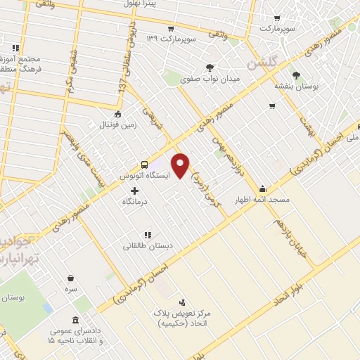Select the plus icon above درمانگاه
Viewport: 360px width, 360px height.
[134, 190]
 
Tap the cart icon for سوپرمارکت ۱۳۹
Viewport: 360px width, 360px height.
[169, 28]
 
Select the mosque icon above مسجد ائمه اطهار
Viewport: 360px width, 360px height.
[263, 188]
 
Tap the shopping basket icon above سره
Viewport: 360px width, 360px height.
[70, 278]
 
